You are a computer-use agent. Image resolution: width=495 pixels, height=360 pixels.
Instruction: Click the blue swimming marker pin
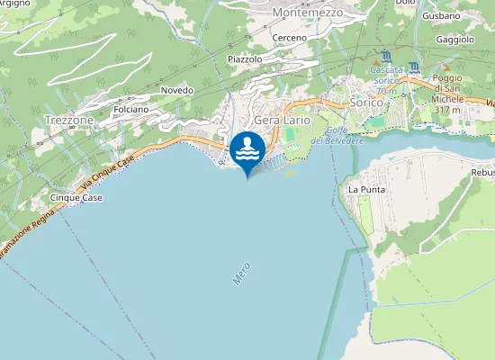point(247,150)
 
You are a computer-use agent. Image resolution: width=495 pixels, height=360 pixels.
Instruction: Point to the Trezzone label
point(67,120)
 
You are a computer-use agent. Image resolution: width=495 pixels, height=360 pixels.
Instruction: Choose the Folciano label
point(131,109)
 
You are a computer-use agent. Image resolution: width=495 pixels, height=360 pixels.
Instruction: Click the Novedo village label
point(176,91)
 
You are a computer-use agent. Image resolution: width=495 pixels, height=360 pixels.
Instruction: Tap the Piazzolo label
point(245,58)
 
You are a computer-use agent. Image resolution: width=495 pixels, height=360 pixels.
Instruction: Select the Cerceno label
point(290,38)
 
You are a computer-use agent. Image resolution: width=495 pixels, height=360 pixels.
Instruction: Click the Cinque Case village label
point(76,197)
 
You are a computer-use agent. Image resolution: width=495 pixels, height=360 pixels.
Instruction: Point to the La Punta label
point(365,190)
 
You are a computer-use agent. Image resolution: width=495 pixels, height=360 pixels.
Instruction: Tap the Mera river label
point(241,274)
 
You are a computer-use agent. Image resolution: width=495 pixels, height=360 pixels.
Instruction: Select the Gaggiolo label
point(454,40)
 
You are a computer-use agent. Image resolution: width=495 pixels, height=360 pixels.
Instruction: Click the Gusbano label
point(441,16)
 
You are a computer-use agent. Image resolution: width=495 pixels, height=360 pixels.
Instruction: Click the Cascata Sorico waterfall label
point(387,76)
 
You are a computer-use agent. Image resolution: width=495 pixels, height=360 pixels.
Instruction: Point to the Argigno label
point(16,4)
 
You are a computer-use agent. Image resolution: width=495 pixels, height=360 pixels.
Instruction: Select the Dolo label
point(404,3)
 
